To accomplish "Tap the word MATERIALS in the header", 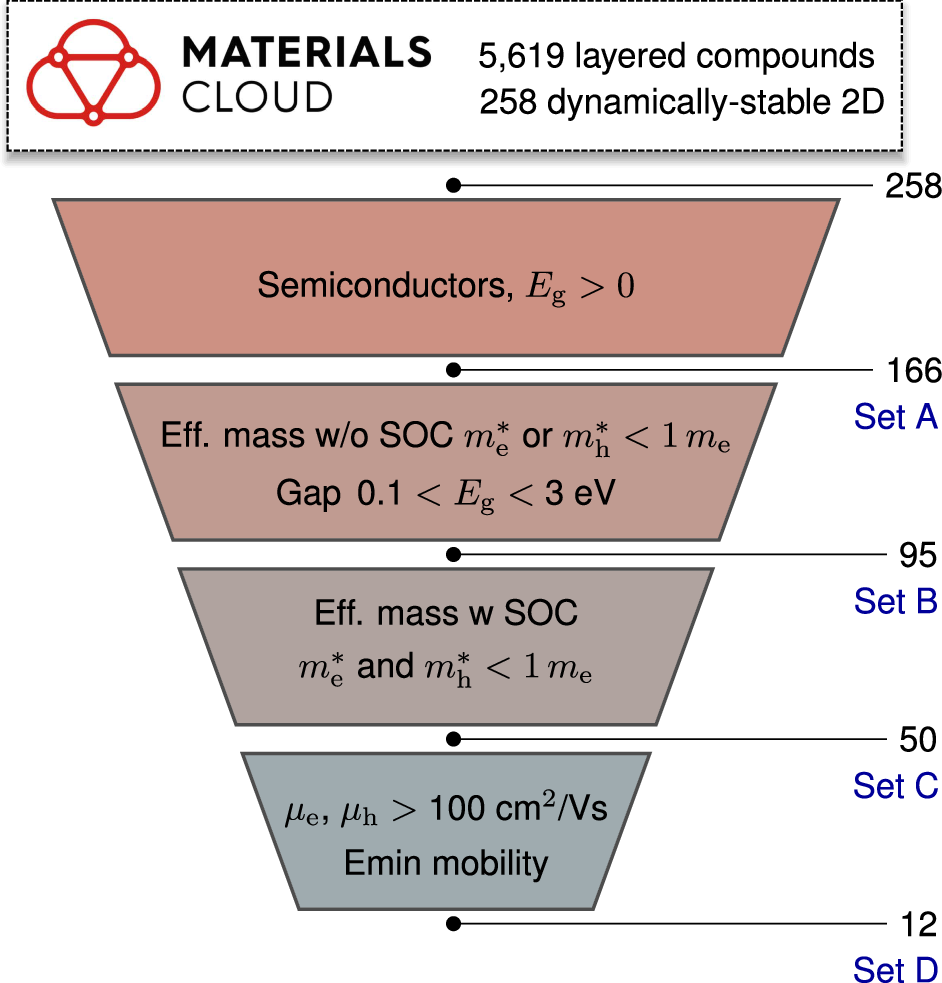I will point(307,54).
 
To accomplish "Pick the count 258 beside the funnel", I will point(912,186).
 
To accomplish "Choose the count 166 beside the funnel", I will point(912,371).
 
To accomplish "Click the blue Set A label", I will point(895,417).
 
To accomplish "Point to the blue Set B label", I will point(895,601).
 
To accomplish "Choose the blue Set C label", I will point(895,786).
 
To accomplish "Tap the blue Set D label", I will point(895,969).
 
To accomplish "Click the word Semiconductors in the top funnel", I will point(379,287).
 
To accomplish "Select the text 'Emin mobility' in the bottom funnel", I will point(446,863).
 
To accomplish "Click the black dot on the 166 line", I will point(453,370).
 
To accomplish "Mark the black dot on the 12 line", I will point(453,924).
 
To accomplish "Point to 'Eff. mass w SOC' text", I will point(446,612).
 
